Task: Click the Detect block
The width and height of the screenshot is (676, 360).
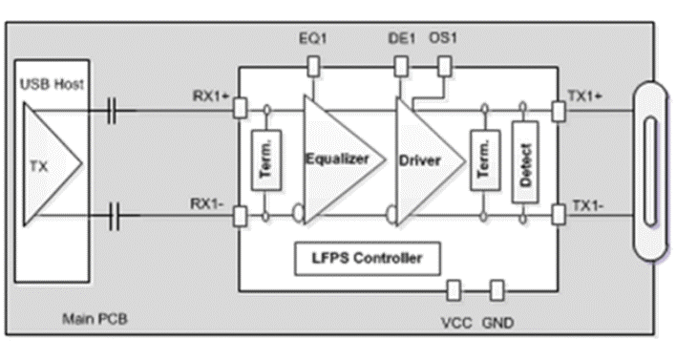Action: (x=522, y=160)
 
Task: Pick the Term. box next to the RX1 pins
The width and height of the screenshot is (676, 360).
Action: (x=264, y=160)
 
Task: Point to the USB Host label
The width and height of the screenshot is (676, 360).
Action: (x=52, y=84)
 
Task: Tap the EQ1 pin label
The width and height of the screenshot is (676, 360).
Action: (x=312, y=41)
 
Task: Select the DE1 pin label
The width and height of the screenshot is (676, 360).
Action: (x=401, y=41)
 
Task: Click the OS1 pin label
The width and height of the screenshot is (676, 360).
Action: (x=443, y=41)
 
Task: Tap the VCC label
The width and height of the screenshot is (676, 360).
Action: (x=455, y=322)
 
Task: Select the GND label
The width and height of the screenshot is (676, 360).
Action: (x=498, y=322)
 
